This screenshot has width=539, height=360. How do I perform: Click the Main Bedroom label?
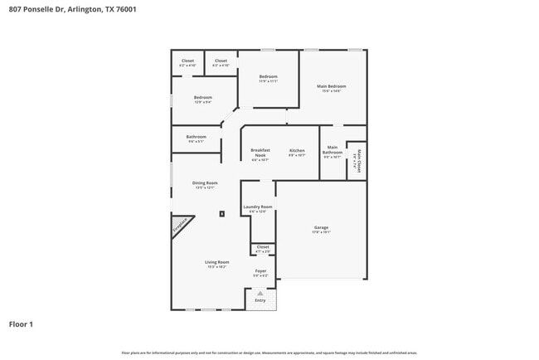pos(331,86)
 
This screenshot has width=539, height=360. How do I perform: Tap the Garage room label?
pos(321,227)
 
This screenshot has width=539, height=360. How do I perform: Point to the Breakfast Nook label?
pos(260,153)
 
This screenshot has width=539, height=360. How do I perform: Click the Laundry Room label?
pos(258,207)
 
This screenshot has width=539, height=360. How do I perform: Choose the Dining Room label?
pos(205,182)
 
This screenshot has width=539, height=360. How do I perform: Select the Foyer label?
pos(260,271)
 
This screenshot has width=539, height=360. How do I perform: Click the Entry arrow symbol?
pos(260,293)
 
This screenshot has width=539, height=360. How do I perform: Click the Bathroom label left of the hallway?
pos(196,137)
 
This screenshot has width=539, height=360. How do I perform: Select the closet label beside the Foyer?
pos(263,247)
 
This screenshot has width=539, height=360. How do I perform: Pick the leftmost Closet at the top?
pos(187,61)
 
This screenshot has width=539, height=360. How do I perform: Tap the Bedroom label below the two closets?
pos(203,98)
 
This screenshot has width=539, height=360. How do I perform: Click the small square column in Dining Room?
pos(221,213)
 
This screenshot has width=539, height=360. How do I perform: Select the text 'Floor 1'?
pos(21,324)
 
